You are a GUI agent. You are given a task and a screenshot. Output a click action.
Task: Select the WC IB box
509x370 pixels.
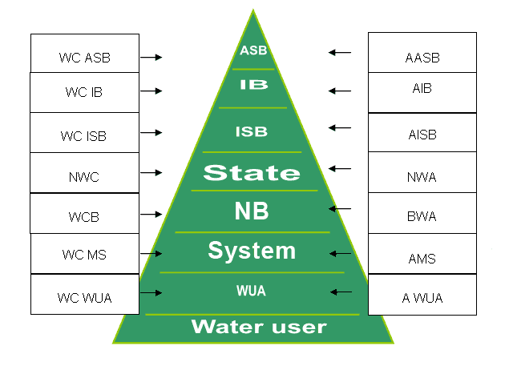(x=84, y=93)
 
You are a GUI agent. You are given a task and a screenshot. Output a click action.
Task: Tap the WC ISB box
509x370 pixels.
(x=84, y=133)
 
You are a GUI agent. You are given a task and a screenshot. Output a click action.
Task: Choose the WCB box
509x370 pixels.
(x=84, y=214)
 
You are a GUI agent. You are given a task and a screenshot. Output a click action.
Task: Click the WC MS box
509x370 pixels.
(x=84, y=255)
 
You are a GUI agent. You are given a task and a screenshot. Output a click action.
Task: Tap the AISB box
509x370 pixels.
(x=422, y=134)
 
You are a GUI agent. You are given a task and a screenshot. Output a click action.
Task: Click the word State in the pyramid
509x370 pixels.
(x=251, y=172)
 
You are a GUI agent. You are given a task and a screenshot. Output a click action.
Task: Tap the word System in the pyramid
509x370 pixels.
(x=252, y=251)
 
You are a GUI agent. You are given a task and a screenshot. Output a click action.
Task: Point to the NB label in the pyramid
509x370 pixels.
(x=252, y=211)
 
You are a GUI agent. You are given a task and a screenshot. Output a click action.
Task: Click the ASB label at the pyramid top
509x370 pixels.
(x=253, y=50)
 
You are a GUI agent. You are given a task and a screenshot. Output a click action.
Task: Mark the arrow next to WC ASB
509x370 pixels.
(x=151, y=58)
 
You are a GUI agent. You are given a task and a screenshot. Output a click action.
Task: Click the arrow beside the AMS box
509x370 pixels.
(x=341, y=254)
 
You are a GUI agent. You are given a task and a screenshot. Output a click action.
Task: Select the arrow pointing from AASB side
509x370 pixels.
(x=340, y=53)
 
